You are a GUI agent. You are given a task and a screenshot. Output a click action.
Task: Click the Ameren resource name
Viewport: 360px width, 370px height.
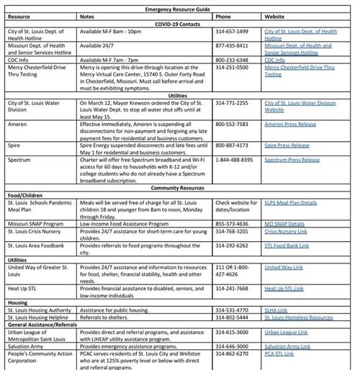(x=19, y=123)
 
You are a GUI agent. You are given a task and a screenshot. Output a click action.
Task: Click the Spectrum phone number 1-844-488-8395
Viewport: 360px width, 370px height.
(x=237, y=159)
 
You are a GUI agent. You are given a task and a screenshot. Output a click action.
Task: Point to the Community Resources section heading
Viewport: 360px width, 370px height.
(x=179, y=188)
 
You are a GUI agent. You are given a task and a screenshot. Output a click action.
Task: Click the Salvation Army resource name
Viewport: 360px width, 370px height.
(x=29, y=346)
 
